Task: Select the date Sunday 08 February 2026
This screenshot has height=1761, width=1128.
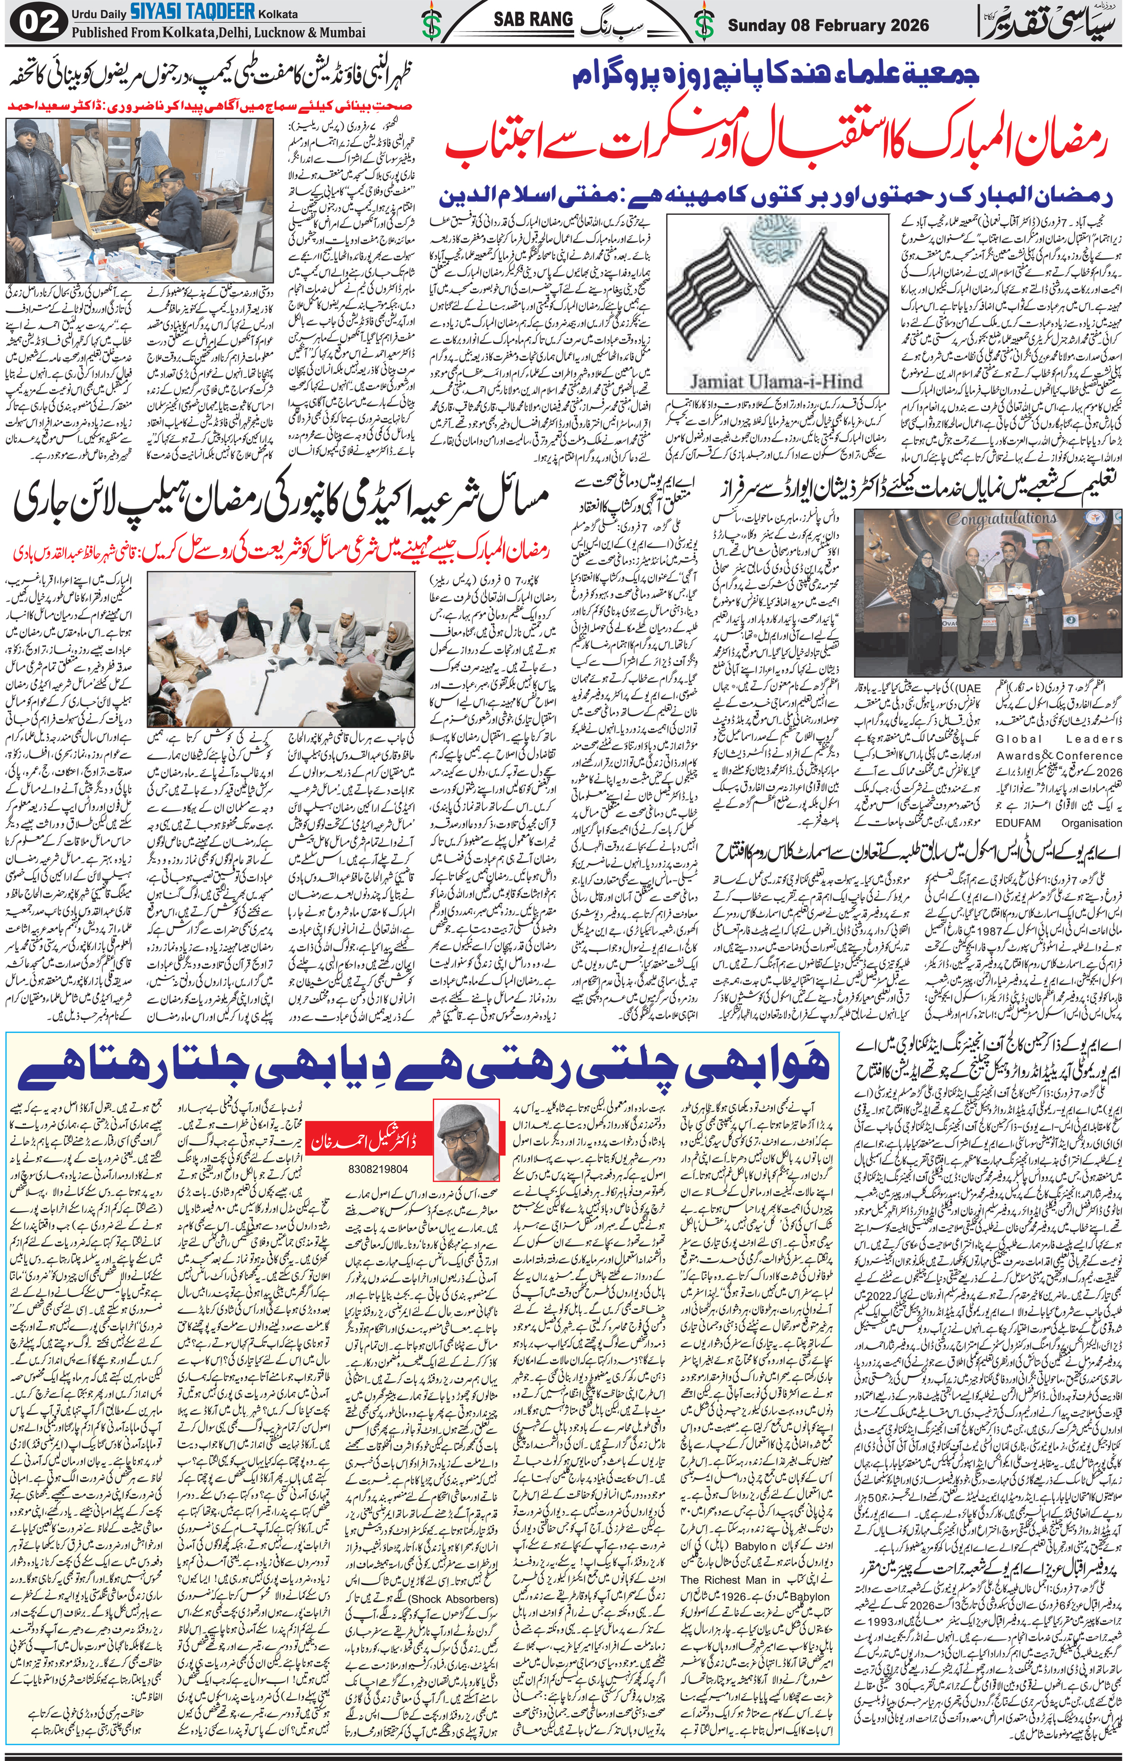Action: [828, 26]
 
